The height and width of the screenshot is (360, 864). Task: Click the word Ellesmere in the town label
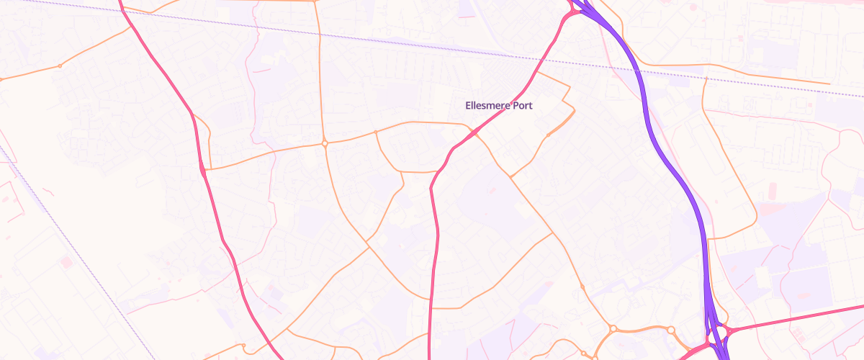pyautogui.click(x=486, y=106)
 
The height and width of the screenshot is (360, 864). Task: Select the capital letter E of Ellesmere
pyautogui.click(x=469, y=106)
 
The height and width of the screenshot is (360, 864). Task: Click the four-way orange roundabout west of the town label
pyautogui.click(x=325, y=143)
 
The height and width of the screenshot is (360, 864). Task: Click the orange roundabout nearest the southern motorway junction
pyautogui.click(x=671, y=330)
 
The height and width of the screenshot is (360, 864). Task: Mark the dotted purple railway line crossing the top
pyautogui.click(x=360, y=37)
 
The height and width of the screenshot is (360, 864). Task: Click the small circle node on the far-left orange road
pyautogui.click(x=60, y=66)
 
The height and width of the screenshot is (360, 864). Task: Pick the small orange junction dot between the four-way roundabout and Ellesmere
pyautogui.click(x=376, y=132)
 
